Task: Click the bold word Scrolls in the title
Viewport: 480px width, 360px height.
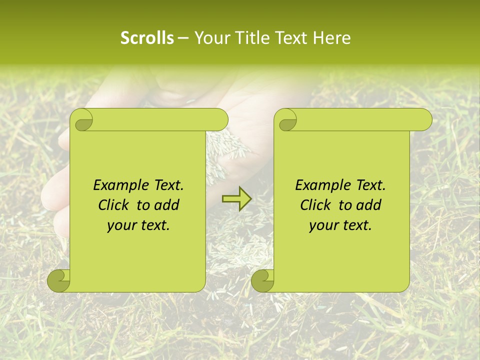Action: [x=147, y=37]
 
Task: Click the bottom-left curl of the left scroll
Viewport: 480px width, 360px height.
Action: [x=59, y=280]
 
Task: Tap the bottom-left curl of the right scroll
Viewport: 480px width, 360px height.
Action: [x=263, y=280]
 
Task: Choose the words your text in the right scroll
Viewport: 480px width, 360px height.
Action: [x=340, y=225]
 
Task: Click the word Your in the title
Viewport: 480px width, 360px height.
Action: [x=211, y=37]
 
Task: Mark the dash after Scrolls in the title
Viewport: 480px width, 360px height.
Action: [x=183, y=38]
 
